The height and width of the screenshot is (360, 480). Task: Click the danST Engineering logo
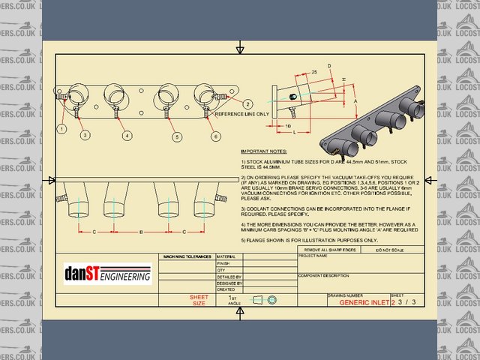108,275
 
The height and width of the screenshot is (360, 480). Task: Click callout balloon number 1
61,129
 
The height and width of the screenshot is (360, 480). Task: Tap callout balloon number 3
85,135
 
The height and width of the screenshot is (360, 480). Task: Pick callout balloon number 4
127,135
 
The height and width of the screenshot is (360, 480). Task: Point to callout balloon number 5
176,136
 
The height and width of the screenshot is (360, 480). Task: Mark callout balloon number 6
215,136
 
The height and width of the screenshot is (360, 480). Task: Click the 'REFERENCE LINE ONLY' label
241,114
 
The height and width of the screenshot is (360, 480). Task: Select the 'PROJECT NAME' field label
313,255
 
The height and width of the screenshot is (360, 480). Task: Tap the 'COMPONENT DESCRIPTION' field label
325,275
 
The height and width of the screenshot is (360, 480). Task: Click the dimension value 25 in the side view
313,71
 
